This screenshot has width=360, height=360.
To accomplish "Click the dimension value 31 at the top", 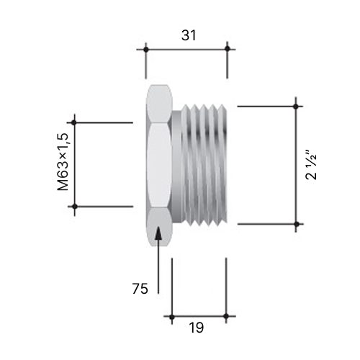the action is (x=189, y=35).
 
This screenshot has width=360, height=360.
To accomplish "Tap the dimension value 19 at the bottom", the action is (x=197, y=328).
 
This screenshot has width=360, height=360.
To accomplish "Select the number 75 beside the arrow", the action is (x=140, y=289).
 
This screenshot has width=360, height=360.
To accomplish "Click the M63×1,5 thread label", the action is (x=63, y=162).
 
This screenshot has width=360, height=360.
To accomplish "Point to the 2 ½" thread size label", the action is (x=311, y=165).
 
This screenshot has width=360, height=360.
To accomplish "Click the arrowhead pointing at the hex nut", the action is (x=158, y=233).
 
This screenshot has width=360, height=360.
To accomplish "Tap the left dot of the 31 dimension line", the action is (x=145, y=50).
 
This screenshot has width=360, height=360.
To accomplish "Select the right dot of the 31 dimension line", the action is (x=228, y=49).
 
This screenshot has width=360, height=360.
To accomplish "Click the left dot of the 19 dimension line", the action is (x=172, y=317).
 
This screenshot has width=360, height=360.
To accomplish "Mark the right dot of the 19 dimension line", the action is (x=226, y=316).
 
